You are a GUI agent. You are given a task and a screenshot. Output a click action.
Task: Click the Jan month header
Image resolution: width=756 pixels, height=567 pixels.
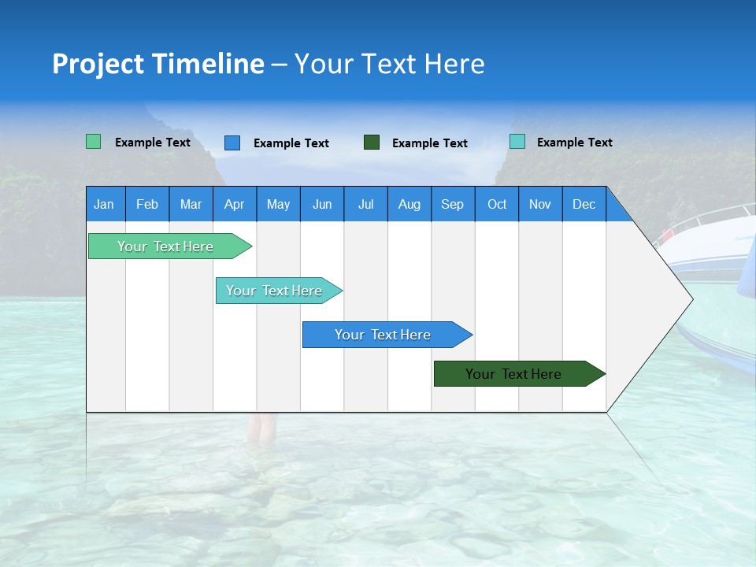click(105, 204)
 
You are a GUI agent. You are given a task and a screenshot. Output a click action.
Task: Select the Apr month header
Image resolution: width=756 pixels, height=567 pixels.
click(235, 204)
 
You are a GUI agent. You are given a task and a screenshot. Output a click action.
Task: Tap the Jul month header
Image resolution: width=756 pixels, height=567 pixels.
click(366, 204)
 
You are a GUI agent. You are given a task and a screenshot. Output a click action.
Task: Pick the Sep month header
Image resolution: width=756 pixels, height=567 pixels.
click(453, 204)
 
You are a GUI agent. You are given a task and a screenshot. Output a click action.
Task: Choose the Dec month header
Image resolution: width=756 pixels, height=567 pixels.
click(584, 204)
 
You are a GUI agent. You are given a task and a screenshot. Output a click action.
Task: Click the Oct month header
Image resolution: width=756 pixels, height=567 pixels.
click(497, 204)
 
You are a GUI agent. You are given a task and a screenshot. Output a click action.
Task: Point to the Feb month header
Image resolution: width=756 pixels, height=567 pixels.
click(147, 204)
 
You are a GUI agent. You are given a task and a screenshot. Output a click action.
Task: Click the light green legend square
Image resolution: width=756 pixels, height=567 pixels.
click(94, 142)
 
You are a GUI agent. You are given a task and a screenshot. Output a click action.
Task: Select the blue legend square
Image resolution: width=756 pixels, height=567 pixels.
click(232, 143)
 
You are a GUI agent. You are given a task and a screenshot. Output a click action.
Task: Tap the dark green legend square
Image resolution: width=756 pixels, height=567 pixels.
click(372, 143)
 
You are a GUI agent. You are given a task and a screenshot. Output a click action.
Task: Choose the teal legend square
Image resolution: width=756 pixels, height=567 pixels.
click(517, 142)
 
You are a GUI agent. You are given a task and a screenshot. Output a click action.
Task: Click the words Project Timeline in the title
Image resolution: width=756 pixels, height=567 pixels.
click(158, 64)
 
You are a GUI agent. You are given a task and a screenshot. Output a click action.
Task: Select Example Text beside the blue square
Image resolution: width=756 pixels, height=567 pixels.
click(291, 143)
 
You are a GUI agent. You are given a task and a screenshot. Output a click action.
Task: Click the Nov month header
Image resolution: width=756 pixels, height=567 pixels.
click(540, 204)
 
